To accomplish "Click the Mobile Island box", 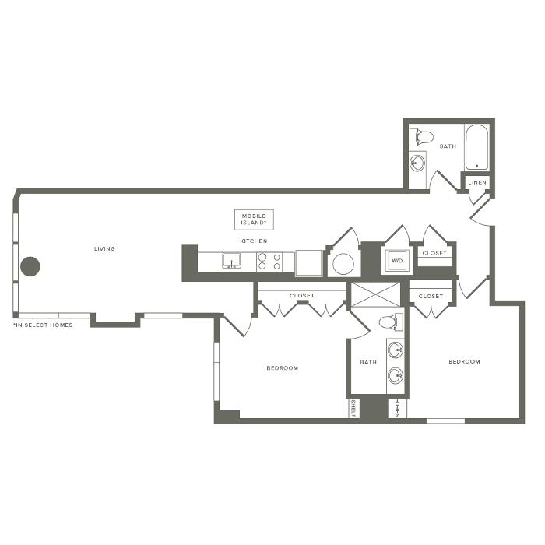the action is point(254,220).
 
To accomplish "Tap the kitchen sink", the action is point(231,261).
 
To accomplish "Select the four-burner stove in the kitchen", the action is point(269,262).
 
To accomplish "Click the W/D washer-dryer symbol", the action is point(396,261).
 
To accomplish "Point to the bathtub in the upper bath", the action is point(476,147).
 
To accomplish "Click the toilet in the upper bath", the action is point(421,137).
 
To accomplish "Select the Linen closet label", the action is point(477,182).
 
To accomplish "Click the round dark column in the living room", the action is point(30,266).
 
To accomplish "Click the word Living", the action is point(104,248).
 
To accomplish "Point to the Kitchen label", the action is point(254,241).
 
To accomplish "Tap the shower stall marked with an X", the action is point(376,295).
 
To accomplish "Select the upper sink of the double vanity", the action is point(396,350).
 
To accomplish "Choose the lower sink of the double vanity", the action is point(396,376).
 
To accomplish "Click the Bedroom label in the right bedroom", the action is point(464,361).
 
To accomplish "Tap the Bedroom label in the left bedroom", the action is point(282,367).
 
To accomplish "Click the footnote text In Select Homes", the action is point(43,325).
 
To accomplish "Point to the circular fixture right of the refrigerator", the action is point(343,264).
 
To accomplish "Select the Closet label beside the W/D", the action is point(434,253).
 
